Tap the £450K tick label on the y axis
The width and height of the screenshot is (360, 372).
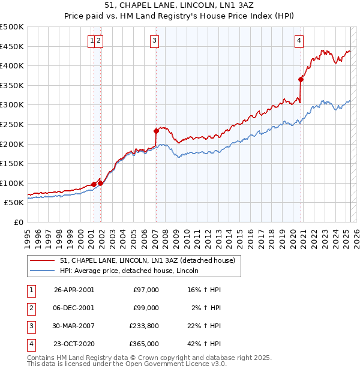12,46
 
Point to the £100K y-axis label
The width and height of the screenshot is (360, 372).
12,183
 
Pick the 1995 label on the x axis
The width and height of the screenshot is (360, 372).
27,236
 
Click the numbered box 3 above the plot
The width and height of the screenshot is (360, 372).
155,41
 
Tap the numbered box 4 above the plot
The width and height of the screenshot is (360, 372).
299,41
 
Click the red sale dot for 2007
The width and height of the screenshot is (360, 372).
156,130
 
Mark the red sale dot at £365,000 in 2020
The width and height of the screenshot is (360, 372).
301,79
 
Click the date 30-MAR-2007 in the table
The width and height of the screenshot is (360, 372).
74,326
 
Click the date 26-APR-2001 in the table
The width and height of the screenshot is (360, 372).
74,290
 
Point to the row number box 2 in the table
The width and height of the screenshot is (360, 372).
31,308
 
